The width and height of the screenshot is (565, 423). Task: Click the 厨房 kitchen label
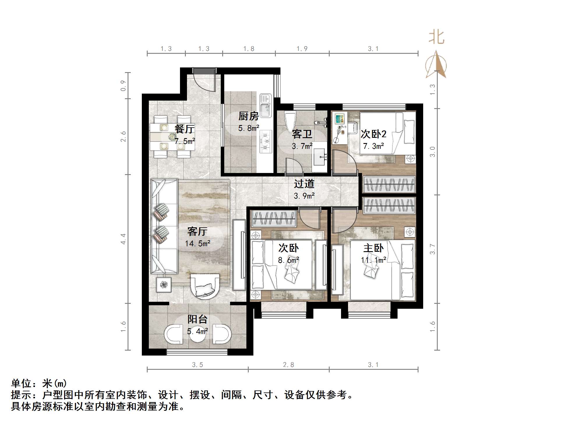(248, 116)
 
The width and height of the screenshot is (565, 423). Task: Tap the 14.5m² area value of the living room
(198, 243)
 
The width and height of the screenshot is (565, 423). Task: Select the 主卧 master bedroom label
(373, 248)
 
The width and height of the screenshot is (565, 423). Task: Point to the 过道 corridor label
(304, 184)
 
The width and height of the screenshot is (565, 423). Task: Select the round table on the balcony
(198, 334)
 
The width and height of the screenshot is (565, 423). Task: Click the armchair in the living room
(205, 286)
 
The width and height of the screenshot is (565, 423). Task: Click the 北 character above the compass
(436, 38)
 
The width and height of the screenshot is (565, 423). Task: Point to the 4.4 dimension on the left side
(123, 239)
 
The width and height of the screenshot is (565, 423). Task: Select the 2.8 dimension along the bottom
(288, 365)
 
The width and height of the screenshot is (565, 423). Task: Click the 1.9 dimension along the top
(302, 49)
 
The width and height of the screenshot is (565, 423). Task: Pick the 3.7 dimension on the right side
(433, 249)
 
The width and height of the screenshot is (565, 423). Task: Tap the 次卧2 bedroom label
(373, 134)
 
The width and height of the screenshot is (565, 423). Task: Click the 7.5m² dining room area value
(185, 141)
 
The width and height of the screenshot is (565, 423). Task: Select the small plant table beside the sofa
(164, 285)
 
